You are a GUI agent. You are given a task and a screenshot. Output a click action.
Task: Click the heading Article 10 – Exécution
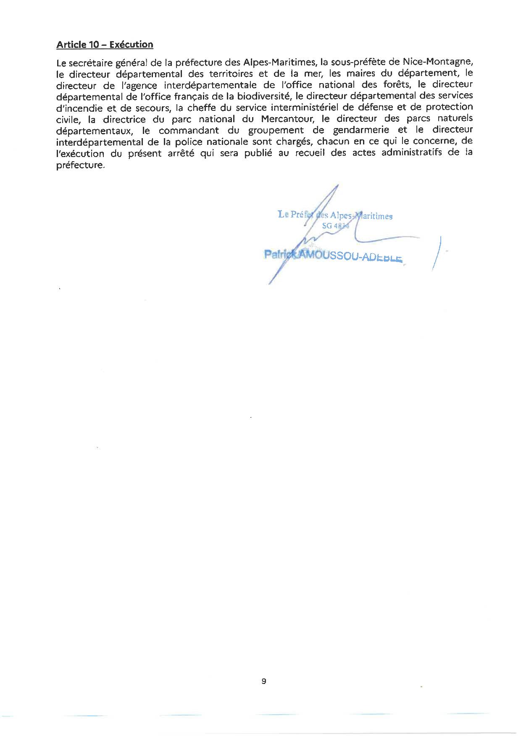(x=105, y=45)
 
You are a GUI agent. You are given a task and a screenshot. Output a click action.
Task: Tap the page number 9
(x=263, y=681)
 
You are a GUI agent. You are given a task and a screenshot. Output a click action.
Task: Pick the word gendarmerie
(x=353, y=130)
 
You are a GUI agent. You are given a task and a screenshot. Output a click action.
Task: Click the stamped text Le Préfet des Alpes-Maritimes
(x=335, y=215)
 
